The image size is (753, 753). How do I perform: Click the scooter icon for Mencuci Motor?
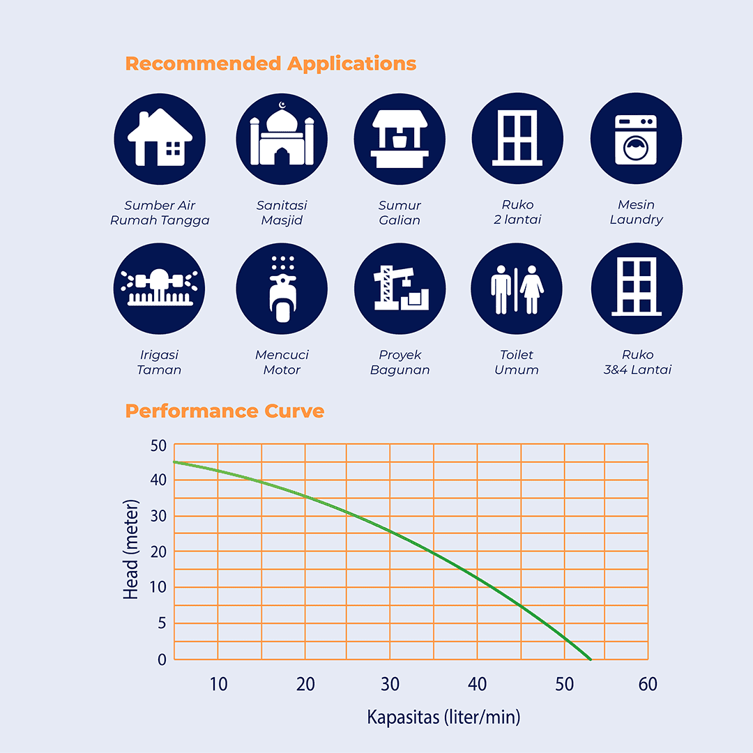tap(282, 289)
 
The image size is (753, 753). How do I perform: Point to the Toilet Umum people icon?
tap(517, 289)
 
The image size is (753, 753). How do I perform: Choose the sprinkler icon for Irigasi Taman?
tap(159, 289)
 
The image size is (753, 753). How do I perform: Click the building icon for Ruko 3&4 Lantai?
tap(637, 289)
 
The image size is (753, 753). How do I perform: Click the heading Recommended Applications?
tap(271, 63)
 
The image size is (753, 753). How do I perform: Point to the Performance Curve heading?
tap(225, 411)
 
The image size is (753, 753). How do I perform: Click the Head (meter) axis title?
tap(131, 549)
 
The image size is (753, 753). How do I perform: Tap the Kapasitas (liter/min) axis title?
tap(443, 717)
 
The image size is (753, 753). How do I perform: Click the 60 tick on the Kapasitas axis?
tap(647, 685)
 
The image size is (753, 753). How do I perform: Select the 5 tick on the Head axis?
tap(162, 623)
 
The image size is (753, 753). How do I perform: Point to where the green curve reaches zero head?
tap(591, 659)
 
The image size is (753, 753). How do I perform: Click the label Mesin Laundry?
tap(636, 212)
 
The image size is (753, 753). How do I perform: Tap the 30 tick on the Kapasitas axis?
tap(390, 685)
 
